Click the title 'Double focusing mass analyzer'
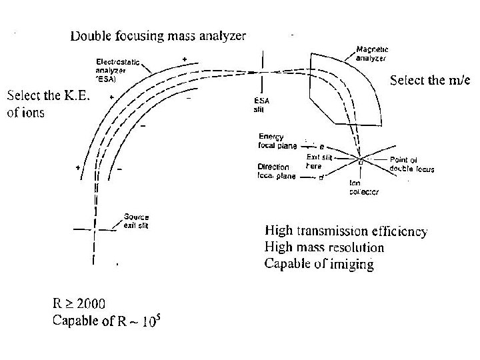coord(158,35)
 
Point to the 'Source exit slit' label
coord(136,221)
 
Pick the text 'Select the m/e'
coord(429,81)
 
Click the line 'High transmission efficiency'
coord(346,232)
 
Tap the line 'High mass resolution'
coord(324,247)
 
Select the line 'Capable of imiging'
coord(319,263)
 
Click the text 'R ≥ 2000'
coord(79,306)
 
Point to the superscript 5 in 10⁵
coord(159,317)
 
